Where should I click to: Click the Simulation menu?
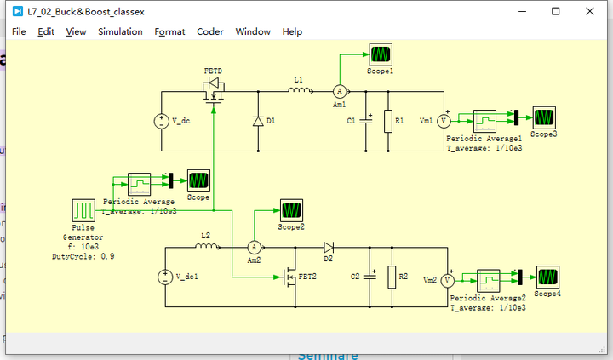pos(120,31)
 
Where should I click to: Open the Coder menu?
pos(210,31)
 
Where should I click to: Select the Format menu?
pos(169,31)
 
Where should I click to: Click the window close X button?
pos(593,11)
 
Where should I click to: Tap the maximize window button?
pos(555,11)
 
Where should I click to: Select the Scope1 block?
pos(380,54)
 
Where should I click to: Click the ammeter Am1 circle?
pos(338,91)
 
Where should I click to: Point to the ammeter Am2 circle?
pos(253,247)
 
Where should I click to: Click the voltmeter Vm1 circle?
pos(443,121)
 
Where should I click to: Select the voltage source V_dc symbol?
pos(159,121)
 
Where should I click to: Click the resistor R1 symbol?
pos(388,121)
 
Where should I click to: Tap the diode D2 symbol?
pos(329,247)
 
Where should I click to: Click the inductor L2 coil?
pos(205,246)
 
